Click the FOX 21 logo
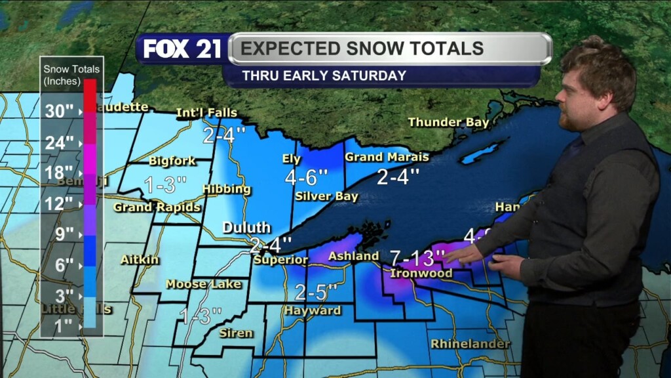[x=183, y=49]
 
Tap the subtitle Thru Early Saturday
[x=324, y=75]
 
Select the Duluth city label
[x=246, y=228]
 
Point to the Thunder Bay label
[x=448, y=122]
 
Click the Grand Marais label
[x=387, y=157]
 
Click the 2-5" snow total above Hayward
[x=316, y=291]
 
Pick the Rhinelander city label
[x=470, y=344]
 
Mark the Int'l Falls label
[x=206, y=113]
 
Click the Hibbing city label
[x=227, y=189]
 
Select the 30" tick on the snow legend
[x=59, y=111]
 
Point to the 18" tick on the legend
[x=59, y=173]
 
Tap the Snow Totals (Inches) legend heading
[x=71, y=75]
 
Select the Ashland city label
[x=353, y=256]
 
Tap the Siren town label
[x=236, y=333]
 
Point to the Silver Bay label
[x=326, y=196]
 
